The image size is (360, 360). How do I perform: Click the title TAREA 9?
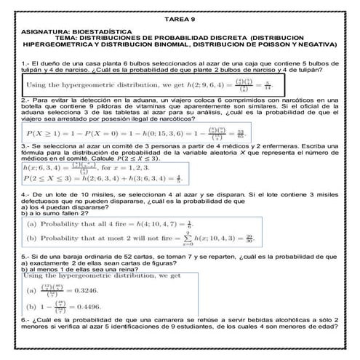tap(180, 21)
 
